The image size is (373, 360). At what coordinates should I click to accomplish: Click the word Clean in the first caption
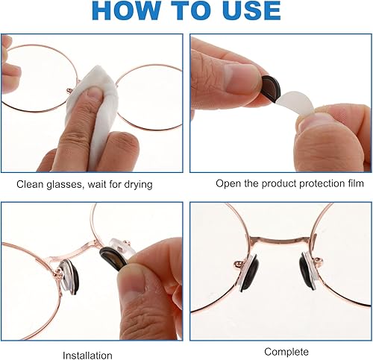click(x=30, y=183)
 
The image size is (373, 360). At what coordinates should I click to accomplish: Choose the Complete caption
click(x=286, y=351)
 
